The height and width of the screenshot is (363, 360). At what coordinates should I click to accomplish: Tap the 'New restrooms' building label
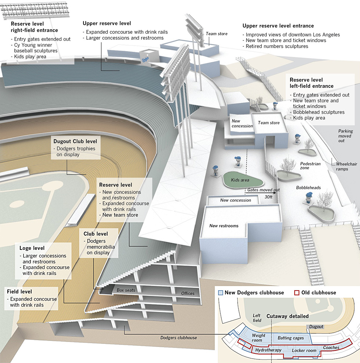click(x=224, y=226)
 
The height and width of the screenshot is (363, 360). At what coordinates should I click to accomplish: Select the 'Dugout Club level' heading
click(x=75, y=141)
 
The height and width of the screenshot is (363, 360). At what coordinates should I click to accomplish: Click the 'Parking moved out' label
click(x=345, y=136)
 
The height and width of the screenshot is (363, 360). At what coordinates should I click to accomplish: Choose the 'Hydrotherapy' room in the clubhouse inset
click(x=268, y=350)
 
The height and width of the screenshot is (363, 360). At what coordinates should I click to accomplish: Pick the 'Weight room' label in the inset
click(x=259, y=338)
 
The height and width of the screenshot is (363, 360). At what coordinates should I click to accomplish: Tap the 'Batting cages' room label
click(x=291, y=338)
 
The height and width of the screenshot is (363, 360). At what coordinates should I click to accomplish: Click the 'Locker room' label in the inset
click(x=304, y=351)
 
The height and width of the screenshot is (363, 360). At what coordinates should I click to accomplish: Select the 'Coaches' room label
click(x=331, y=348)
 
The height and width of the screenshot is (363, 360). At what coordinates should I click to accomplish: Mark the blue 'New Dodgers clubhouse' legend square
click(x=220, y=293)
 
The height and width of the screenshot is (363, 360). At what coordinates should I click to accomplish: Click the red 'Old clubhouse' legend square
click(x=297, y=293)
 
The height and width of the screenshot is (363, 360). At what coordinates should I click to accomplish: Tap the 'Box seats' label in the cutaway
click(x=126, y=290)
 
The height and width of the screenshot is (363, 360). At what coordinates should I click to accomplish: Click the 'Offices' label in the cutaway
click(x=187, y=293)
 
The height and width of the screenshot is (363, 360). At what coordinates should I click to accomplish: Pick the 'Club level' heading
click(x=96, y=234)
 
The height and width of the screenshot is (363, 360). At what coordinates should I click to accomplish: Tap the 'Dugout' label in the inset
click(x=316, y=327)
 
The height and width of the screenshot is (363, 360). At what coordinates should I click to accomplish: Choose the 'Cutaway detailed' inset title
click(x=287, y=316)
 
